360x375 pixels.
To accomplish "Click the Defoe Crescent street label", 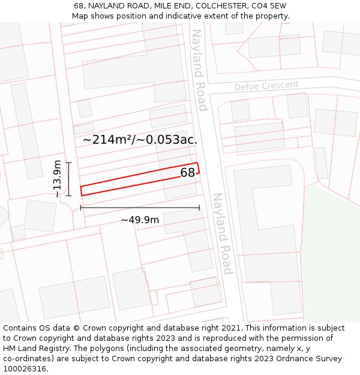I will pos(266,86).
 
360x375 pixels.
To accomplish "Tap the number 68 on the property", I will pos(187,173).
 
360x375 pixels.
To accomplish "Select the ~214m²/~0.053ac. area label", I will pos(140,139).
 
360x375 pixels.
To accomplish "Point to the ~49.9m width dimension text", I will pos(140,220).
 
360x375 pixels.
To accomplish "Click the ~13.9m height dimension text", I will pos(57,179).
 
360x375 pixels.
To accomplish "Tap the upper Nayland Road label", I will pos(199,70).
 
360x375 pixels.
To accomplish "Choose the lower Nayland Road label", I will pos(221,233).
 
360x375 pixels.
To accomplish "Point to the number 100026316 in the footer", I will pos(25,368).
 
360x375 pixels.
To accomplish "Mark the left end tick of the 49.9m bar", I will pos(80,208).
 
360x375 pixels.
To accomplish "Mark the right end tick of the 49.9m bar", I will pos(199,208).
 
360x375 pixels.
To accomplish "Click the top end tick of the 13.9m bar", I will pos(68,163).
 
